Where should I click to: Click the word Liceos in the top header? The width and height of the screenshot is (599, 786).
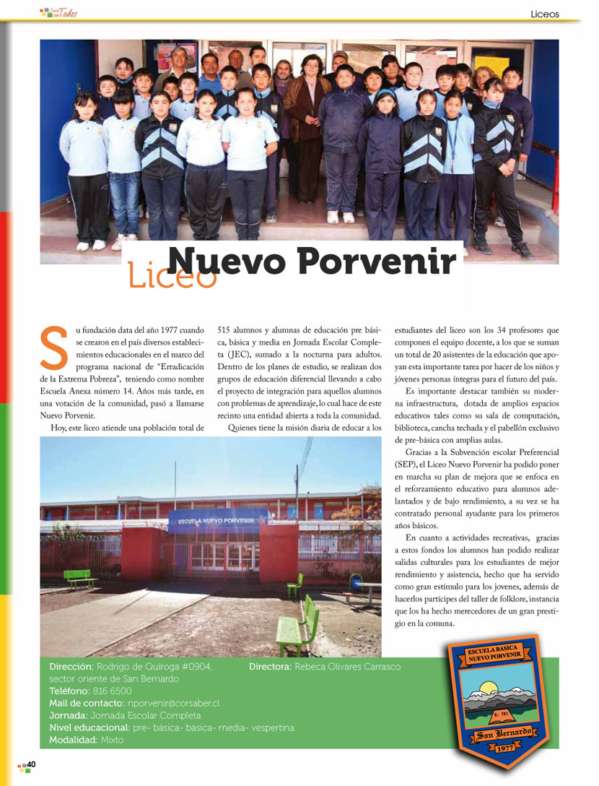pyautogui.click(x=544, y=14)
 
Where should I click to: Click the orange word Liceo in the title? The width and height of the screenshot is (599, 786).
pyautogui.click(x=172, y=275)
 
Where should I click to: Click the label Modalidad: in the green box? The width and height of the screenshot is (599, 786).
pyautogui.click(x=75, y=740)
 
